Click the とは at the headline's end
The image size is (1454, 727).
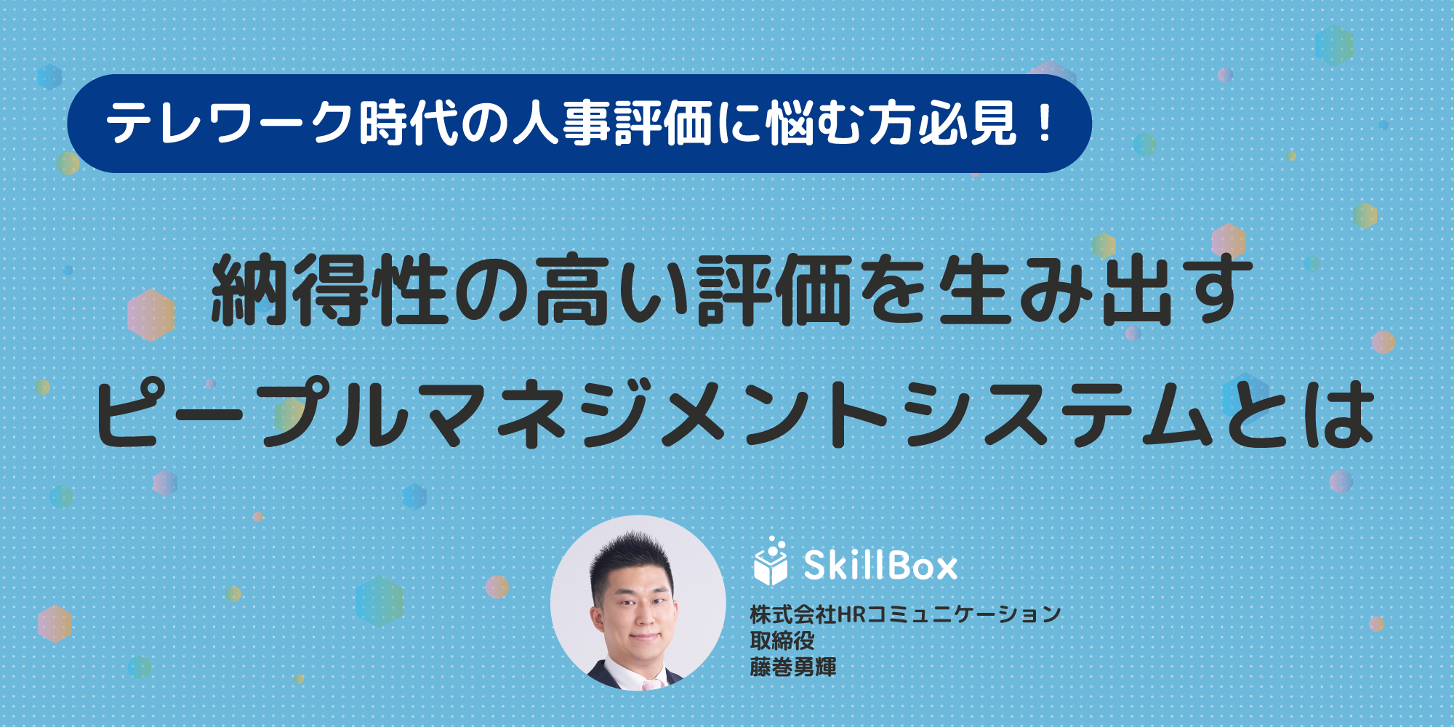(1298, 414)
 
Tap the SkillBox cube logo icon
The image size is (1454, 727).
(771, 561)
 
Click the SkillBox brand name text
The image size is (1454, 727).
(880, 565)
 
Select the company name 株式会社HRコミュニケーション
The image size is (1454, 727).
(905, 614)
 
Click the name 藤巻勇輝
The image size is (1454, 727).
(793, 667)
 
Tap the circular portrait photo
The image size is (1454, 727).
(638, 603)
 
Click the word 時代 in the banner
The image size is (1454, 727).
(407, 124)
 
